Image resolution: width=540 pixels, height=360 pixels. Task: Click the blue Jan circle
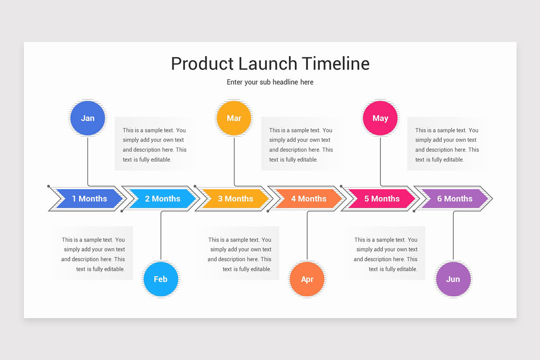87,118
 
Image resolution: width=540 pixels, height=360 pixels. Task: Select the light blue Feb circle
161,279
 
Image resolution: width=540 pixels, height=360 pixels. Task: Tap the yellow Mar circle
234,118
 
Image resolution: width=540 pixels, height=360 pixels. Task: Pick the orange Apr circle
307,279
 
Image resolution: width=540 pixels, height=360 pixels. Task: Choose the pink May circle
380,118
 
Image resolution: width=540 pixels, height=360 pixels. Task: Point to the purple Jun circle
453,279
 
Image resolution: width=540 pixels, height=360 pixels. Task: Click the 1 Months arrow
89,198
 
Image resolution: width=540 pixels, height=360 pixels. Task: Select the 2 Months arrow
162,198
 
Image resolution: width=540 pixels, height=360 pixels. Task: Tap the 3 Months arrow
235,198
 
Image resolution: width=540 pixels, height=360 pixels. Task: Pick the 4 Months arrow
309,198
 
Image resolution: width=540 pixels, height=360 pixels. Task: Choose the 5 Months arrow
382,198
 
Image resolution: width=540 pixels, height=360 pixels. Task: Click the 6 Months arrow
454,198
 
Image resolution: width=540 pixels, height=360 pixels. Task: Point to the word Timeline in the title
335,63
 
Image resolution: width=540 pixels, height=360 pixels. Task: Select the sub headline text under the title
270,82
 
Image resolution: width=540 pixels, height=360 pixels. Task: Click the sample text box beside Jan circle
154,144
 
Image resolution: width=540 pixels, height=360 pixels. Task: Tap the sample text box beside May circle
447,144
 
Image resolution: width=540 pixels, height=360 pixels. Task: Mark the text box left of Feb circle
94,254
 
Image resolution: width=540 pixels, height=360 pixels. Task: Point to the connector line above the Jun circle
453,238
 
